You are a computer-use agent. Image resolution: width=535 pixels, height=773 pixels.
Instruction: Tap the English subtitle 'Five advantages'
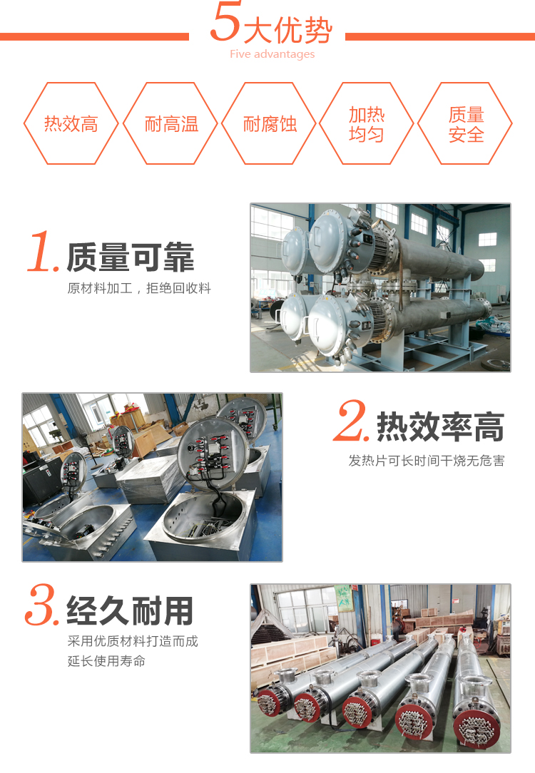tap(272, 54)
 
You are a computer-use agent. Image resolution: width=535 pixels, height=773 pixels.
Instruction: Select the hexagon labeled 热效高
tap(71, 124)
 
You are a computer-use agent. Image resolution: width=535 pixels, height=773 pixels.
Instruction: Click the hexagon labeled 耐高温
tap(171, 124)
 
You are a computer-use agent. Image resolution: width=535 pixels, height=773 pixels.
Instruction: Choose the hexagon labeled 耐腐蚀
tap(270, 124)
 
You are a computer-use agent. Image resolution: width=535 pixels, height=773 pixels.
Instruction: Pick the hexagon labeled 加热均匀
tap(367, 124)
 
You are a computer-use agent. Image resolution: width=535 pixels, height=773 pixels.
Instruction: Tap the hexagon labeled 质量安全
tap(466, 124)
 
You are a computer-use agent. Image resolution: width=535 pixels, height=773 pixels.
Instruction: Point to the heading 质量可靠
tap(131, 257)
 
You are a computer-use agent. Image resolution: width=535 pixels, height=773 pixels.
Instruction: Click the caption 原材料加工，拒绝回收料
tap(139, 289)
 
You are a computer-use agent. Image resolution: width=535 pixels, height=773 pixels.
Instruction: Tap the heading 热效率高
tap(440, 426)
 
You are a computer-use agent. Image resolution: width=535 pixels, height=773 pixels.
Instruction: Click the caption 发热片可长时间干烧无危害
tap(426, 461)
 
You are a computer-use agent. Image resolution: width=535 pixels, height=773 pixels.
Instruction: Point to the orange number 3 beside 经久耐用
tap(41, 606)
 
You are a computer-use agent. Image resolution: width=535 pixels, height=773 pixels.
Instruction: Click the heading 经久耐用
tap(131, 611)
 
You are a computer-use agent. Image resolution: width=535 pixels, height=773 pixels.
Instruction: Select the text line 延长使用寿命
tap(106, 661)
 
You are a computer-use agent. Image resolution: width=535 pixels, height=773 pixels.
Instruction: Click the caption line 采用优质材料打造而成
tap(133, 641)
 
